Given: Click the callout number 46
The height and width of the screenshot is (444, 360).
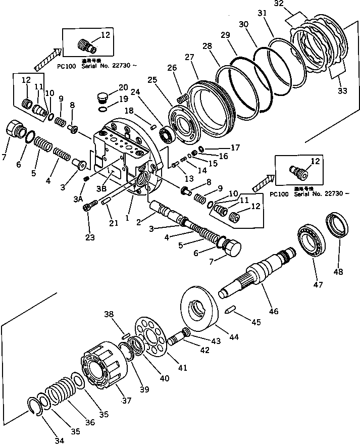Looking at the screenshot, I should click(273, 312).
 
